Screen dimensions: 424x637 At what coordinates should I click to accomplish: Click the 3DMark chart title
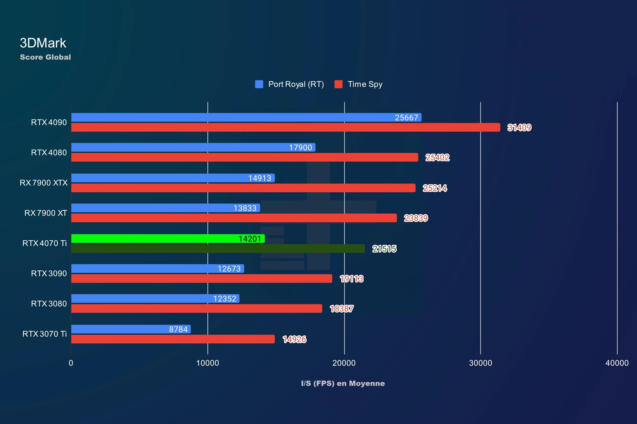[x=43, y=43]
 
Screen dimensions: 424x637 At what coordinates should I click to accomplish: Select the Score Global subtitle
[x=45, y=57]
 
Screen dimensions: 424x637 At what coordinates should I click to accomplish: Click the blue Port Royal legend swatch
[x=259, y=84]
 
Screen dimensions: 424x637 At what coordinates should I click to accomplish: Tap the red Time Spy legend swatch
[x=338, y=84]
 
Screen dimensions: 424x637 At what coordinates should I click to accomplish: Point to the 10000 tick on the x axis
[x=207, y=363]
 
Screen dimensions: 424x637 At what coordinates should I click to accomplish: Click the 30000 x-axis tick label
[x=481, y=363]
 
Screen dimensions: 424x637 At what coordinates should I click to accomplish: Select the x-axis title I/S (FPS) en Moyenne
[x=343, y=383]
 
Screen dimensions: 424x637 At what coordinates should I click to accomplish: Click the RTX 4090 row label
[x=49, y=122]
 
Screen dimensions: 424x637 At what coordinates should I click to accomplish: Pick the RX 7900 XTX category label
[x=44, y=183]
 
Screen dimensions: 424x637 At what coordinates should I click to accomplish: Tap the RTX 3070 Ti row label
[x=44, y=334]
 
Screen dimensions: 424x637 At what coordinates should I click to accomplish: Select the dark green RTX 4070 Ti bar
[x=218, y=249]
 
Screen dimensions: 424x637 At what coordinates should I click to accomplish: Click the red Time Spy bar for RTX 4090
[x=285, y=127]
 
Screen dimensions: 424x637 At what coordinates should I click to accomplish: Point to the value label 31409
[x=519, y=127]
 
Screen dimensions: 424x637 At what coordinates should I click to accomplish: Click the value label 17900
[x=300, y=147]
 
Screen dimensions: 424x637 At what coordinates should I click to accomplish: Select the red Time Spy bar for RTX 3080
[x=197, y=309]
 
